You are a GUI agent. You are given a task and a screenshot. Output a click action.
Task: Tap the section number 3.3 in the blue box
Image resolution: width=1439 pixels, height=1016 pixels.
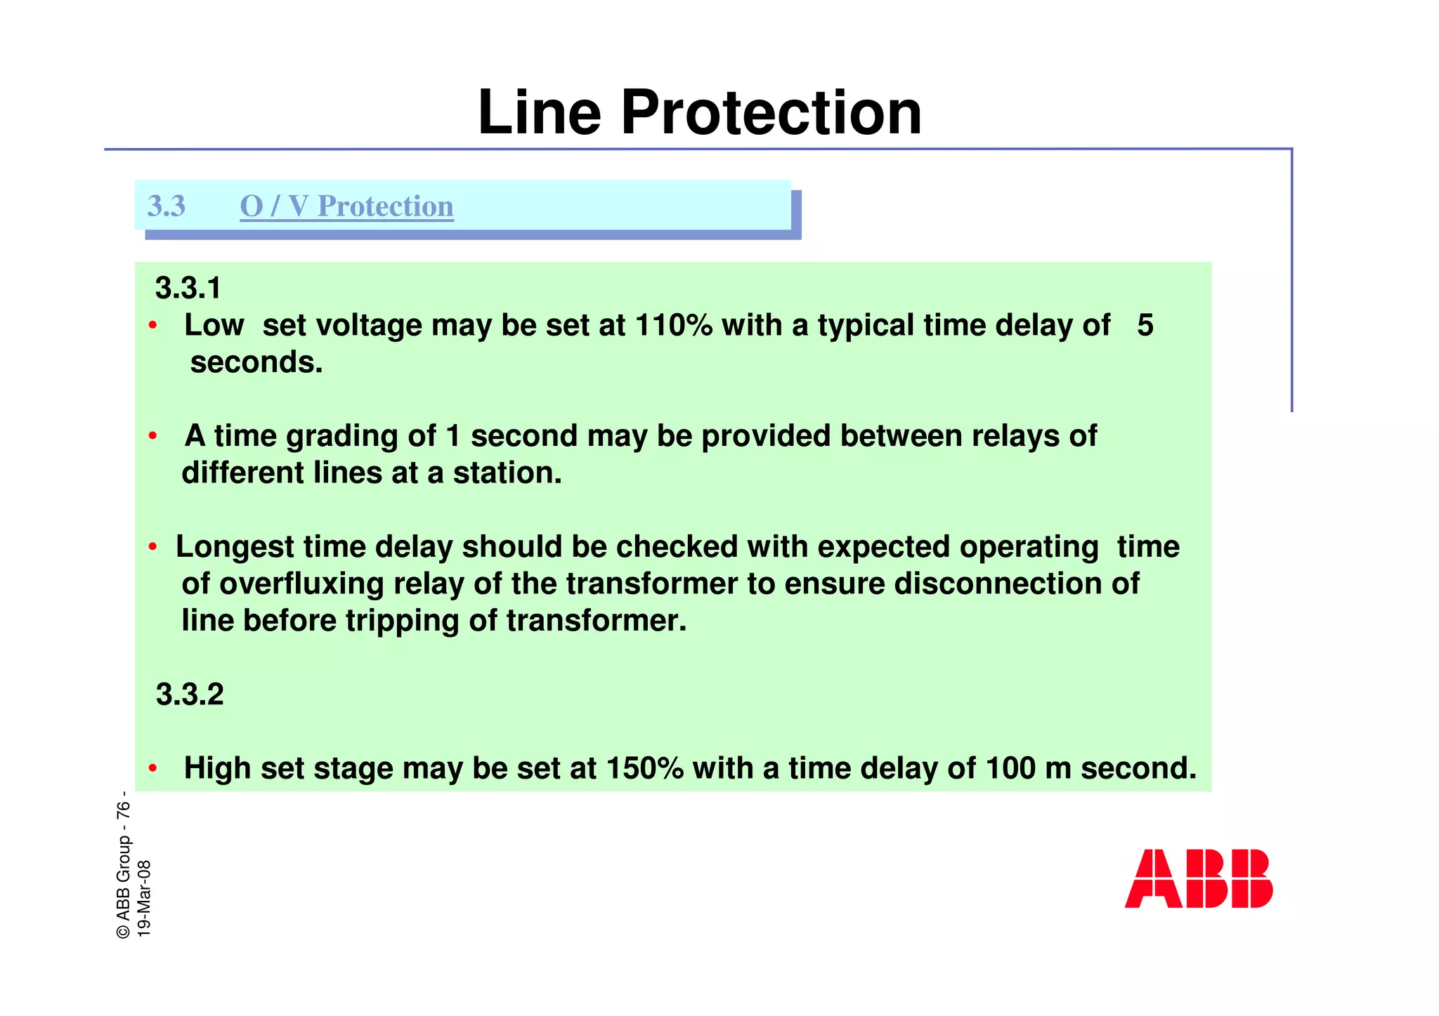[166, 206]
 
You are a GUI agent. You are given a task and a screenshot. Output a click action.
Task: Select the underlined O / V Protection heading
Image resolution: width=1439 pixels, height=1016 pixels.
[346, 206]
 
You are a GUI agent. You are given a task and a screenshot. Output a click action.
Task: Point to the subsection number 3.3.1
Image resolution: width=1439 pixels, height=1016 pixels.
[188, 289]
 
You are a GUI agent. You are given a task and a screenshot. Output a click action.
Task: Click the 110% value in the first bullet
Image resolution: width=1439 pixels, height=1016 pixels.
[673, 325]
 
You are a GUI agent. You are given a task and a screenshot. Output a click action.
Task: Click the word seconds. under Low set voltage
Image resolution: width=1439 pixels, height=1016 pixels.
[256, 362]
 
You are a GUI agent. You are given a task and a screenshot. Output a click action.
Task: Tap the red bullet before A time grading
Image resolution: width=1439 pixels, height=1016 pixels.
[152, 436]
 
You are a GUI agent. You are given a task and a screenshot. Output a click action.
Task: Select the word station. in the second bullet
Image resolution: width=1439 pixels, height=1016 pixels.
[507, 473]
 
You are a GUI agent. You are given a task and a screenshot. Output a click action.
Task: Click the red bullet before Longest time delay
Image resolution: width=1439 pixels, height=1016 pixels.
[152, 547]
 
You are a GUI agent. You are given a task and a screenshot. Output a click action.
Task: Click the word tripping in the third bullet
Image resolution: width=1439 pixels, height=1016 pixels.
[403, 621]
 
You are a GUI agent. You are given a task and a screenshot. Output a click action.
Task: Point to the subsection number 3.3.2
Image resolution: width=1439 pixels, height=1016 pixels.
[189, 694]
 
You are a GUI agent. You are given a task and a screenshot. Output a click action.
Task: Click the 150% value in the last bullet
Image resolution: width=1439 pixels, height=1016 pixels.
[644, 768]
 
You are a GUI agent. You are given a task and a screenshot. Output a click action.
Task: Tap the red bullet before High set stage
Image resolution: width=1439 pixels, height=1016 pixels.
[152, 769]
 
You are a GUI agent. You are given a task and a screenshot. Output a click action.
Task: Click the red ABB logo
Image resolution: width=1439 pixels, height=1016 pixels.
[1198, 878]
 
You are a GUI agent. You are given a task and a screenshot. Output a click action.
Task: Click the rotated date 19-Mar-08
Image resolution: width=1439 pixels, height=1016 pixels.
[143, 898]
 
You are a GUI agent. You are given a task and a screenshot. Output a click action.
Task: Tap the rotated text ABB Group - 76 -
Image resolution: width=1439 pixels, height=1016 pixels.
[124, 865]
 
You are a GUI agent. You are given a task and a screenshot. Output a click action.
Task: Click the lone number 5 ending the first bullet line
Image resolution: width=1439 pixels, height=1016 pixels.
[1145, 325]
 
